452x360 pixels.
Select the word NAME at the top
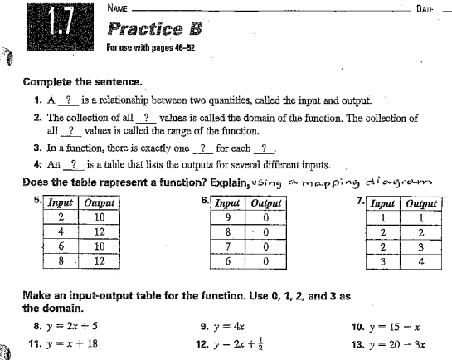(119, 7)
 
